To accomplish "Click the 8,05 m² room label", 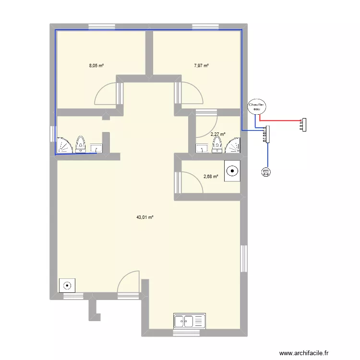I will pos(96,66).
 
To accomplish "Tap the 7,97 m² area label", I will pos(201,66).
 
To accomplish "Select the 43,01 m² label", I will pos(144,217).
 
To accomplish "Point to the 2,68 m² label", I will pos(211,177).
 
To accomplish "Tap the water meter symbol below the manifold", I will pos(266,172).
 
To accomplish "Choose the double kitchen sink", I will pos(190,320).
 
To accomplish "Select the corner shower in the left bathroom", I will pos(63,145).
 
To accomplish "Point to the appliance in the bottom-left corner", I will pos(67,285).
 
